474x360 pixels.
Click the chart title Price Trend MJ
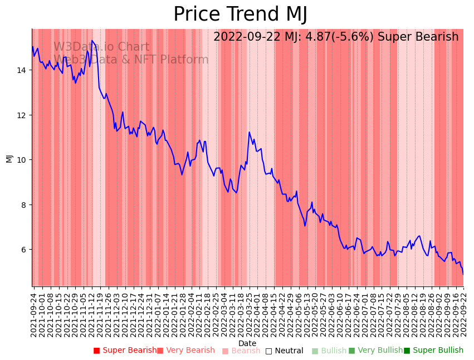240,14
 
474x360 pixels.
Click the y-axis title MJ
9,158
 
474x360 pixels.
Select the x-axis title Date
247,343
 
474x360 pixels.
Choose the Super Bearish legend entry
125,351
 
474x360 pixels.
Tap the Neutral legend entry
285,351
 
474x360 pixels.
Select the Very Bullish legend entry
376,351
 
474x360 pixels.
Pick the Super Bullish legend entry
434,351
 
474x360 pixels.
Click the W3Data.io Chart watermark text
101,47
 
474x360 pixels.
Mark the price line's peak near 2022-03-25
249,132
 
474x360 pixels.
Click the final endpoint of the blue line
463,274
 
